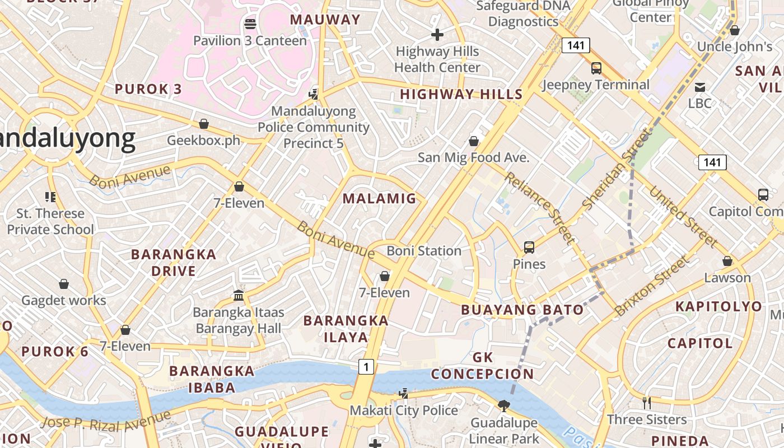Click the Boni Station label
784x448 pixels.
click(x=424, y=251)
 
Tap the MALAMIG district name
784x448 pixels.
click(x=380, y=198)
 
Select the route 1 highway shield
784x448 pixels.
click(x=366, y=367)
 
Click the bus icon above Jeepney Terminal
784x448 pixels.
click(x=596, y=68)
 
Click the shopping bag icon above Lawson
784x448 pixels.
click(x=727, y=261)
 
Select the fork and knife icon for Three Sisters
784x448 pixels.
click(x=646, y=403)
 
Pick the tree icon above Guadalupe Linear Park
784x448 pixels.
click(x=503, y=405)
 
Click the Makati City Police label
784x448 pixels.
click(x=404, y=410)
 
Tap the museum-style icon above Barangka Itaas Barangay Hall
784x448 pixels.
click(x=239, y=295)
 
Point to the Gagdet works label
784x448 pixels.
click(x=64, y=301)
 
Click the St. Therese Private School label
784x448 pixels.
click(x=50, y=221)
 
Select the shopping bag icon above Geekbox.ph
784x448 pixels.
click(x=204, y=124)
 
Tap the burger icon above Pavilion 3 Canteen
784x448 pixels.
click(x=250, y=24)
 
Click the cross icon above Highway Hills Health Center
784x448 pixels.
click(x=437, y=35)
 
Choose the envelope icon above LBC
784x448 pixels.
click(x=699, y=87)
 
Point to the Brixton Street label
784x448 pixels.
click(x=652, y=286)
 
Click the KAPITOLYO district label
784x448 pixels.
click(x=718, y=306)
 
